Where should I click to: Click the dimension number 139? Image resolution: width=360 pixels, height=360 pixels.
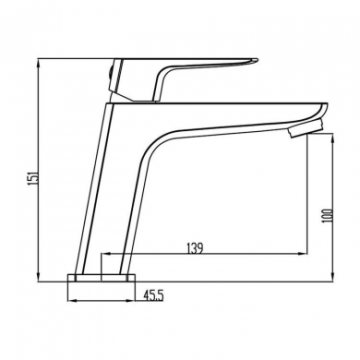click(x=194, y=247)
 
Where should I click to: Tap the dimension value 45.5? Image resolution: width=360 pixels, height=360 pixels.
click(x=154, y=296)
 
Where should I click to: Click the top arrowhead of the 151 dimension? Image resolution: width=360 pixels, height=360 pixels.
click(x=38, y=62)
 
